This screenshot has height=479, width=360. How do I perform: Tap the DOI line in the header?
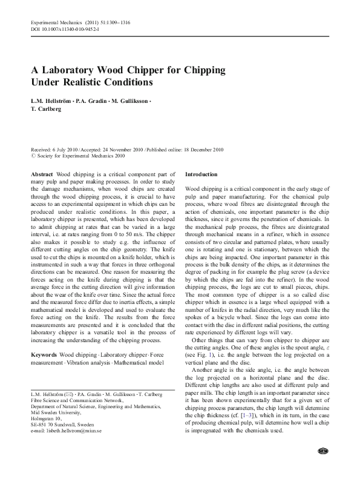(x=65, y=28)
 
